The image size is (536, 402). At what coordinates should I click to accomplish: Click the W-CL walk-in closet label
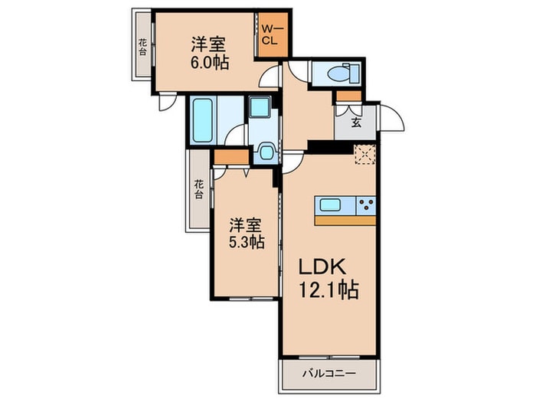(272, 34)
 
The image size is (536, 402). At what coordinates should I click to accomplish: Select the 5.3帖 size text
(247, 242)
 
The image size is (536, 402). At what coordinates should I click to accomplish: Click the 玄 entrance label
(356, 121)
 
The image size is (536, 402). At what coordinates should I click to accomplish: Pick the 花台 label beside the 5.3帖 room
(198, 188)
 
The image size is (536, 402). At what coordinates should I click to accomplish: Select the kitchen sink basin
(332, 204)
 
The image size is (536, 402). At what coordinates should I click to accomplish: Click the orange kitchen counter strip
(345, 220)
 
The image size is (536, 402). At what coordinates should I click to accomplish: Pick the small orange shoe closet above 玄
(348, 96)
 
